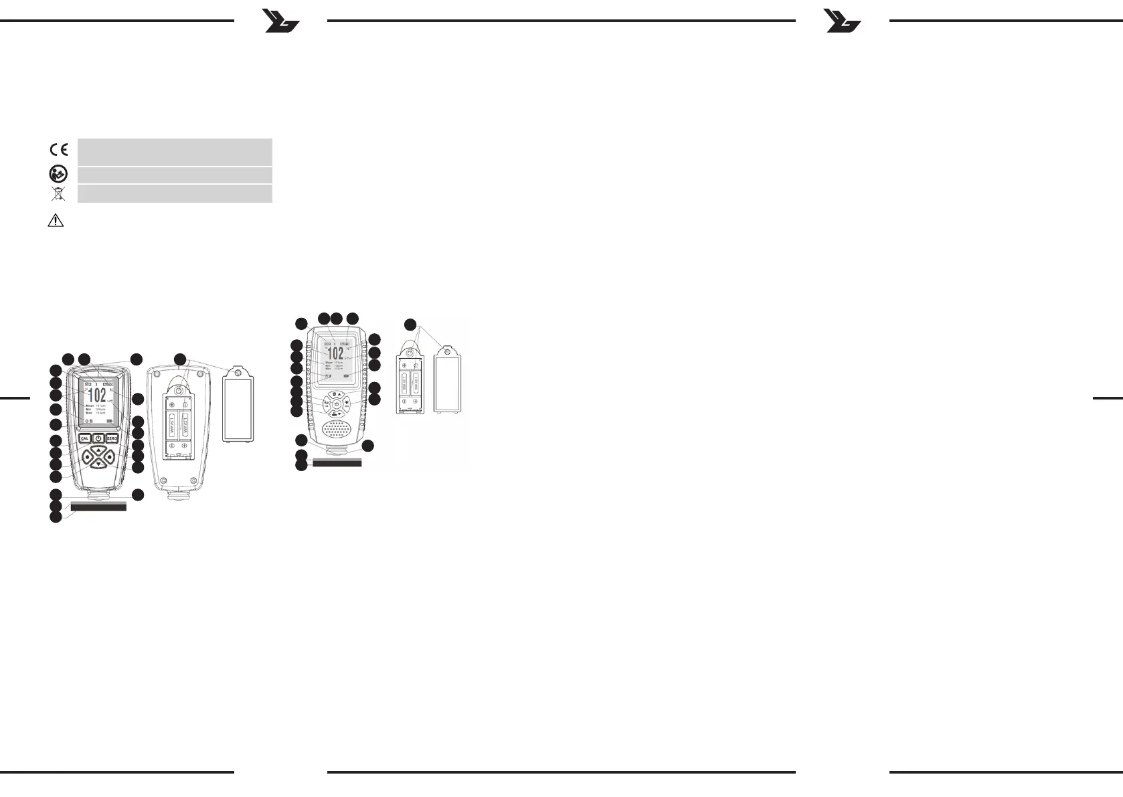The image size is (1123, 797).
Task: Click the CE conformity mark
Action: (x=59, y=149)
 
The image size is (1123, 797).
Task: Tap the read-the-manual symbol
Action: (x=58, y=175)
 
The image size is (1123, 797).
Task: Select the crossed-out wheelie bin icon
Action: (x=59, y=194)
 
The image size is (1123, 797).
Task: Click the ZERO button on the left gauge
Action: (x=111, y=438)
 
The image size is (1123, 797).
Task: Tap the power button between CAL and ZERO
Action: (x=98, y=438)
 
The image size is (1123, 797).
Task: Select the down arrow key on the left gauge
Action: (x=98, y=463)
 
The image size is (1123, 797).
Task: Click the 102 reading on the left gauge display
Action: (x=98, y=394)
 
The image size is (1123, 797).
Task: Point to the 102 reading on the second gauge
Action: (x=335, y=354)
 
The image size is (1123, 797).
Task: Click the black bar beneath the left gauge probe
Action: (x=98, y=507)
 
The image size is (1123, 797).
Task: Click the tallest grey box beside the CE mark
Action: (x=175, y=151)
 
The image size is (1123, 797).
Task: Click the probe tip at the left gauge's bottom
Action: (x=98, y=496)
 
